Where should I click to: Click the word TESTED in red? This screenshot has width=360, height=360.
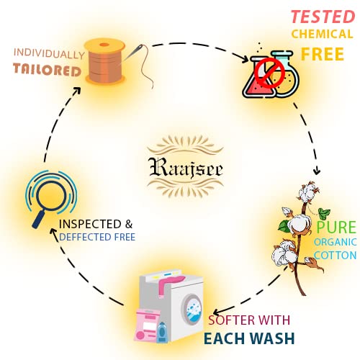point(323,17)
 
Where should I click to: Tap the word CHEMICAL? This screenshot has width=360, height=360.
point(323,34)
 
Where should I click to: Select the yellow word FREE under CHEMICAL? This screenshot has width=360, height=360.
point(323,54)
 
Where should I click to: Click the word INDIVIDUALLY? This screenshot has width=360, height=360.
point(49,54)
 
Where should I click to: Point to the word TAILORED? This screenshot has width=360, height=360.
point(47,70)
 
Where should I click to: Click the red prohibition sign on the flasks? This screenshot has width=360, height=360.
point(269,73)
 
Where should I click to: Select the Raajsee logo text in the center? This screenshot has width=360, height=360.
point(186,168)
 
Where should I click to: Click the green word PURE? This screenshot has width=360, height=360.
point(336,227)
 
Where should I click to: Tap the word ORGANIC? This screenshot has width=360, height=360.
point(335,242)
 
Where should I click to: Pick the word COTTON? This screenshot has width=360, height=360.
point(335,255)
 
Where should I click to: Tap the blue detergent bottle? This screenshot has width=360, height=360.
point(162,333)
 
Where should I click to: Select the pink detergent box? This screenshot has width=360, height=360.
point(147,325)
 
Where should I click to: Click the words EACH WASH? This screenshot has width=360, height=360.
point(249,338)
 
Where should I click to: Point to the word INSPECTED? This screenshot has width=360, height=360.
point(90,224)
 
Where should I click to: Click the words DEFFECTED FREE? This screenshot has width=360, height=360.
point(97,237)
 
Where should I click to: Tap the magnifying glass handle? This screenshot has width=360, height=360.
point(39,219)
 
